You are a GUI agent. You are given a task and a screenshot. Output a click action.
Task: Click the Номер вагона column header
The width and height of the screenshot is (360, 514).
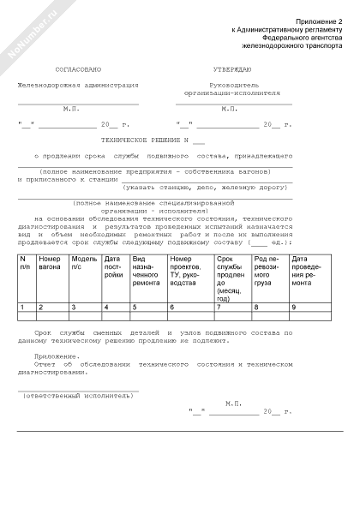(51, 264)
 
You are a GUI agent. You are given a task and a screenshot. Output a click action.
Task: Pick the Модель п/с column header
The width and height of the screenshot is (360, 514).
(84, 264)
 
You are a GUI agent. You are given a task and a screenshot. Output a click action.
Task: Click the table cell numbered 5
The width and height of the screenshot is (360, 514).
(135, 307)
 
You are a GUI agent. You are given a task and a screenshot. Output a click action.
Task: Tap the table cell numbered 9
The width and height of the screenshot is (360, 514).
(295, 307)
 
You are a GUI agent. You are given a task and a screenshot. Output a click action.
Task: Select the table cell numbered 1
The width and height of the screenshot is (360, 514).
(21, 307)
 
